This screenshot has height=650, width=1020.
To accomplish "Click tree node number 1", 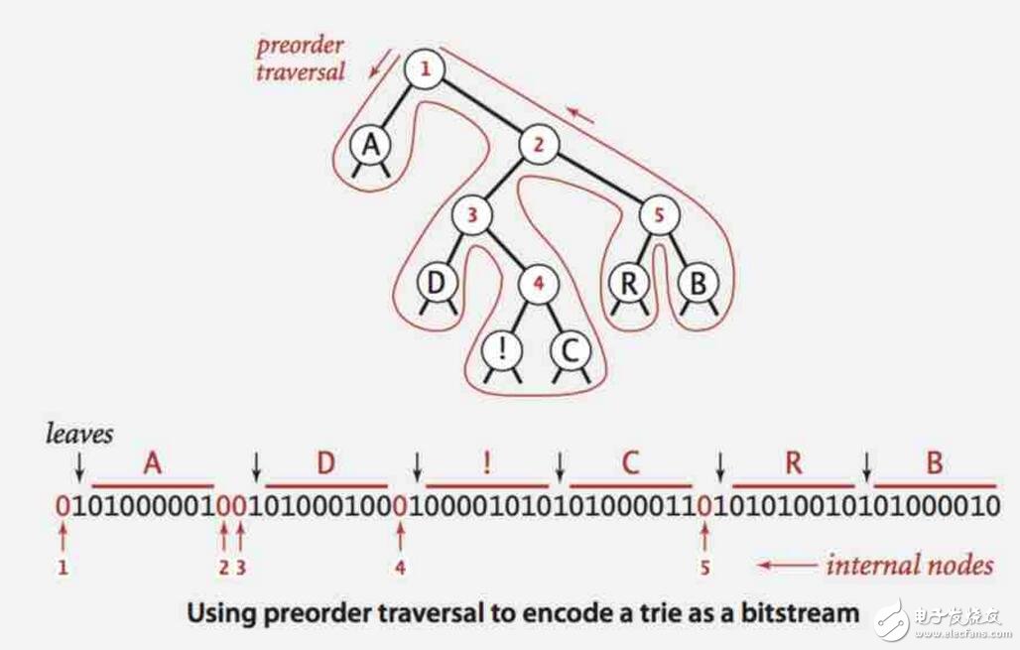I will pyautogui.click(x=425, y=69).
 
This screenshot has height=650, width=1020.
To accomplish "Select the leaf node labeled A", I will pyautogui.click(x=370, y=146).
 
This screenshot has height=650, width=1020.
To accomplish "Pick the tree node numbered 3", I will pyautogui.click(x=472, y=214).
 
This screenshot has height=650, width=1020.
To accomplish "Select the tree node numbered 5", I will pyautogui.click(x=657, y=214).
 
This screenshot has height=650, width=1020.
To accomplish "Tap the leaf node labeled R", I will pyautogui.click(x=628, y=283).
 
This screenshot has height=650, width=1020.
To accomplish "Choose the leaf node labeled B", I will pyautogui.click(x=697, y=283).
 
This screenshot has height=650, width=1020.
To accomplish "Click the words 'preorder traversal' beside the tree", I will pyautogui.click(x=300, y=59).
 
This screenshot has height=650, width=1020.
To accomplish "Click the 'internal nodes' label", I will pyautogui.click(x=909, y=566).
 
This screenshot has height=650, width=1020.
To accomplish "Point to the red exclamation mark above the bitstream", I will pyautogui.click(x=486, y=463).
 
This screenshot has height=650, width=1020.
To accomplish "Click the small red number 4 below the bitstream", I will pyautogui.click(x=401, y=568).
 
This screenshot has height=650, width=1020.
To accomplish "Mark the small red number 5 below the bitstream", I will pyautogui.click(x=703, y=568).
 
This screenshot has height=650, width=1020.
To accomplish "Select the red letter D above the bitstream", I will pyautogui.click(x=325, y=463).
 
